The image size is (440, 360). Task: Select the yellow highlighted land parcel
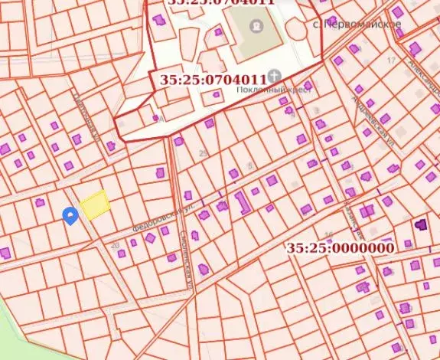(95, 205)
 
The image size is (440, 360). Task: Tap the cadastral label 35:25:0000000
(341, 248)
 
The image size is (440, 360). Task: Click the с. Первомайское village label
(358, 25)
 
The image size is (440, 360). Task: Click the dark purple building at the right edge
(420, 224)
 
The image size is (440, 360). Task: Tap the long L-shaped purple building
(242, 202)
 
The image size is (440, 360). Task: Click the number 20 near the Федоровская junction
(116, 245)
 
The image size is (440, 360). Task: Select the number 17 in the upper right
(391, 60)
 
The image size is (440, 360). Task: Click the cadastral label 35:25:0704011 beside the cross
(213, 79)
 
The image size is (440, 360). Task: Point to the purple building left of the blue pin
(40, 202)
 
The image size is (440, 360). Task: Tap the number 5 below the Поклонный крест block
(249, 165)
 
